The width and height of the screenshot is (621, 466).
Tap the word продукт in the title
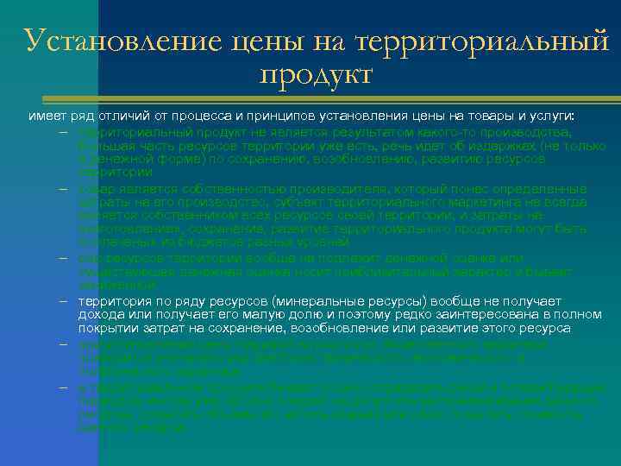[x=315, y=75]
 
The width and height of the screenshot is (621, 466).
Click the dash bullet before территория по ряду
[x=65, y=301]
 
